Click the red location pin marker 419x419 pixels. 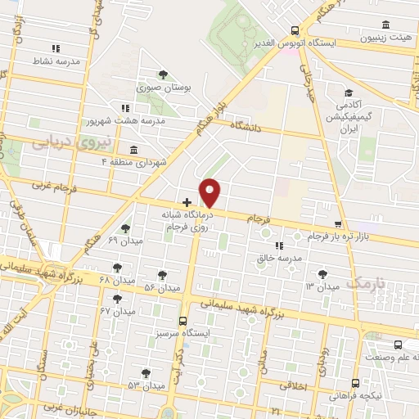(210, 193)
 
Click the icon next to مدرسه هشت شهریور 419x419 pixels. (124, 107)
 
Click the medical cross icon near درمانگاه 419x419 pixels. (187, 201)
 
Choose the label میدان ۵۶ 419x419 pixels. (161, 288)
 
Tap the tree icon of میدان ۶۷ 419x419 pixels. (119, 298)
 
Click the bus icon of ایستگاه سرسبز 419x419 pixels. (182, 322)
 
